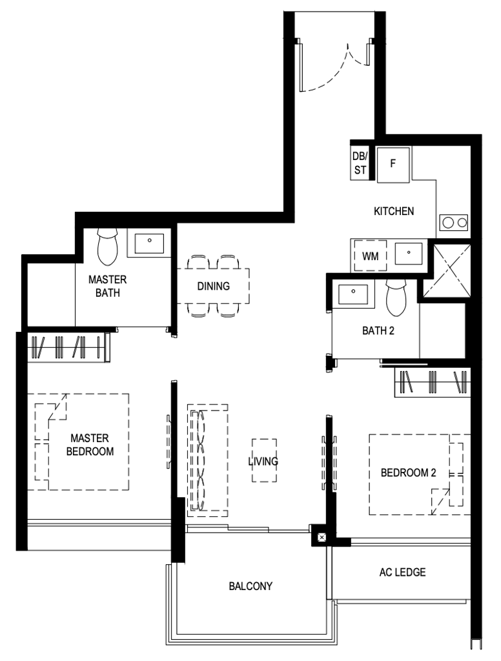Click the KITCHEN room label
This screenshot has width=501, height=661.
(x=393, y=211)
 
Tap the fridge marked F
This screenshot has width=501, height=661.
(x=393, y=165)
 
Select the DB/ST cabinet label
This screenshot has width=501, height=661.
(x=360, y=163)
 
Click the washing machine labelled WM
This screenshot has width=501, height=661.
(x=371, y=256)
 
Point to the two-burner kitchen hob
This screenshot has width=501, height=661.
(x=453, y=222)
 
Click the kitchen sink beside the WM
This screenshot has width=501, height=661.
(x=408, y=253)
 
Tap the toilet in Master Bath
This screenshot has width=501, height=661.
(x=108, y=247)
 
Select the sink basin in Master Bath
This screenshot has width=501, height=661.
(x=149, y=243)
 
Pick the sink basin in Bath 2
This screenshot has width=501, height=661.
(x=353, y=294)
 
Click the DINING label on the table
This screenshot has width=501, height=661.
(x=214, y=286)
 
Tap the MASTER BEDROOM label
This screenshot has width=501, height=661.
(x=90, y=445)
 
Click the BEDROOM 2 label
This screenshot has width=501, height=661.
(x=408, y=473)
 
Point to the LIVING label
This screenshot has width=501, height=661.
(x=263, y=461)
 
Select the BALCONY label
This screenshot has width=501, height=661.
(x=251, y=586)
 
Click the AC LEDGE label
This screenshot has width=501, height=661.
(x=402, y=572)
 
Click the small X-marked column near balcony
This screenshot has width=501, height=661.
(x=322, y=537)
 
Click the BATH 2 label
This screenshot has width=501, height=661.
(x=378, y=331)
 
